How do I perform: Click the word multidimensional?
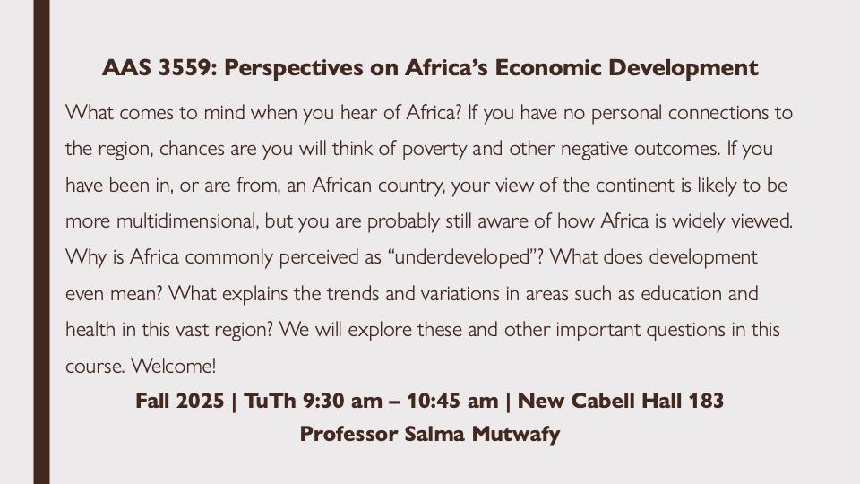point(186,220)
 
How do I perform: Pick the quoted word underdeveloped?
point(461,257)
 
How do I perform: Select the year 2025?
point(200,401)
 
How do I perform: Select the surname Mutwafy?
point(516,435)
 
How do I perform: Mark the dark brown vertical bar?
point(42,242)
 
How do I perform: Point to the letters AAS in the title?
point(126,67)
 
